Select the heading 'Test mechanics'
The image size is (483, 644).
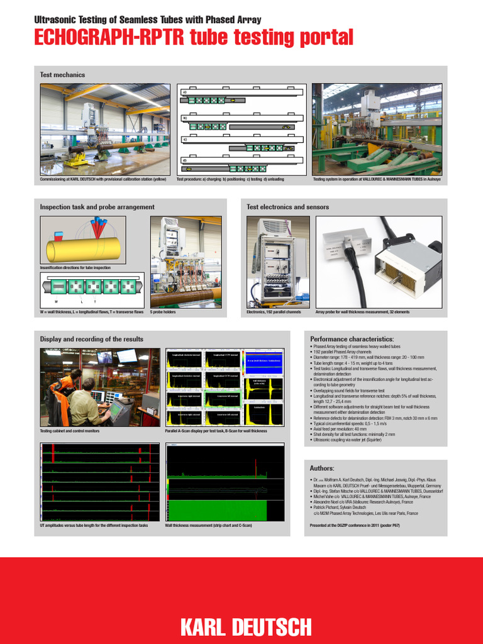click(62, 75)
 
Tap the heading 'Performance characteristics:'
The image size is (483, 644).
click(352, 339)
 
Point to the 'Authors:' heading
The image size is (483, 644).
click(322, 468)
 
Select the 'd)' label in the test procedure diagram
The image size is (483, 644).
click(185, 160)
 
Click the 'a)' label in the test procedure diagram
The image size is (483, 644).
click(185, 92)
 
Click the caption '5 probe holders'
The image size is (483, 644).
click(163, 312)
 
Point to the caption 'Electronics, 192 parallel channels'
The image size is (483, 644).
click(274, 312)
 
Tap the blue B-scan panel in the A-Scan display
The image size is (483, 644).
click(264, 360)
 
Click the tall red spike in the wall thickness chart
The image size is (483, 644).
click(257, 469)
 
